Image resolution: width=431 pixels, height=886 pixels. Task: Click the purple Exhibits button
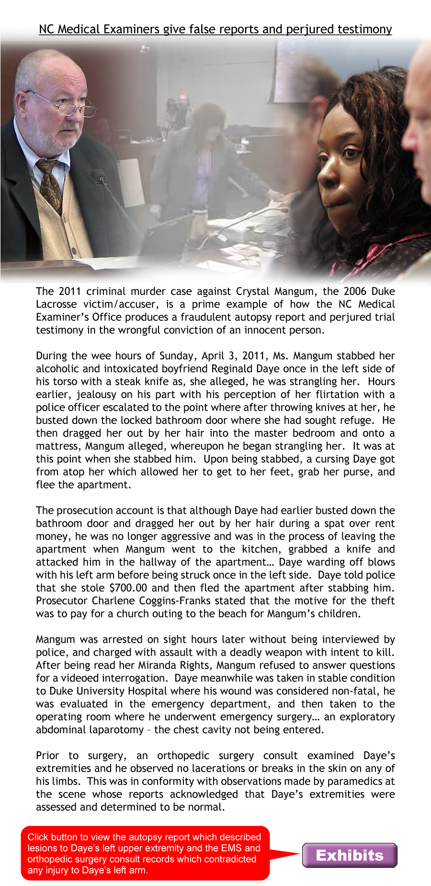point(350,855)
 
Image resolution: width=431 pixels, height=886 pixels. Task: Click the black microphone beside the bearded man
point(100,176)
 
